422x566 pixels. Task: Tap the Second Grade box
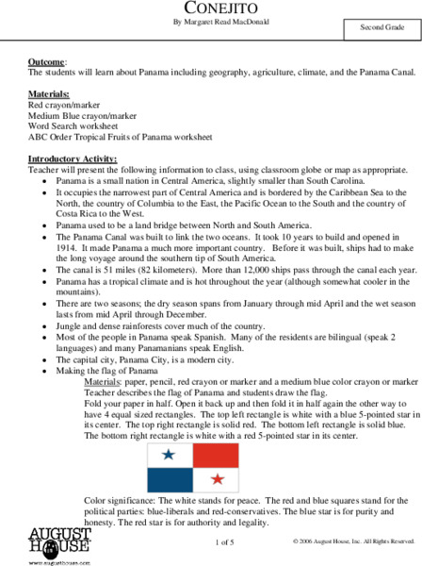pos(381,28)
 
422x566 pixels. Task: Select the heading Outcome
pos(48,60)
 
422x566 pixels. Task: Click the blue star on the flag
pos(169,455)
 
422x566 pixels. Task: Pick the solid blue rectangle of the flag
pos(169,478)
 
